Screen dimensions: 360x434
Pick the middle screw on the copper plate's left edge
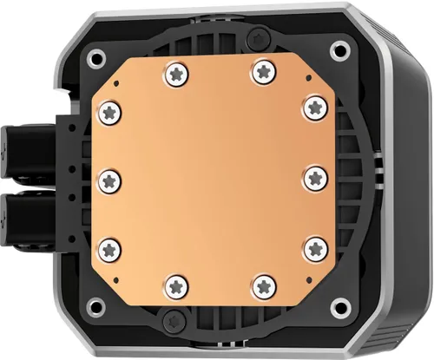[109, 180]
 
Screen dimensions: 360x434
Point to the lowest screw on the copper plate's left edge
[109, 249]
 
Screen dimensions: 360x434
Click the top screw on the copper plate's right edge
[312, 105]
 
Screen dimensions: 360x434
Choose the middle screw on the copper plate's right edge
[313, 177]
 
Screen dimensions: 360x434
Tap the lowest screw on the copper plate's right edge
[313, 248]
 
